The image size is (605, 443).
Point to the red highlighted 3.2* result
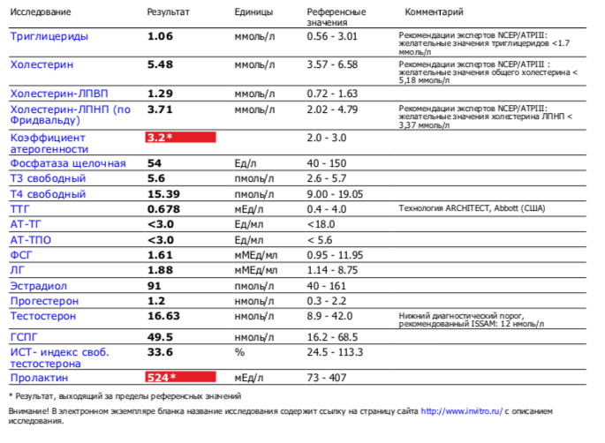[180, 138]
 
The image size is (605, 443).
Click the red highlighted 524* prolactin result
[180, 378]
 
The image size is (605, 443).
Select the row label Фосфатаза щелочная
[68, 163]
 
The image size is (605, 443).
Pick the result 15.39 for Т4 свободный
[164, 194]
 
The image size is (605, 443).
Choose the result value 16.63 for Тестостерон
[164, 315]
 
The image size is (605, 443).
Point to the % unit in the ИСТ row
[238, 352]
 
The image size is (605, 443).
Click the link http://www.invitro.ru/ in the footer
[461, 411]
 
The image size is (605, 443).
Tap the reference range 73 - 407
[326, 378]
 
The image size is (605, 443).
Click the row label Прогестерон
[43, 301]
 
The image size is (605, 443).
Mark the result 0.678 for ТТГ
[164, 209]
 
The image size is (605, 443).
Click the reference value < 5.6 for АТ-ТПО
[321, 240]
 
